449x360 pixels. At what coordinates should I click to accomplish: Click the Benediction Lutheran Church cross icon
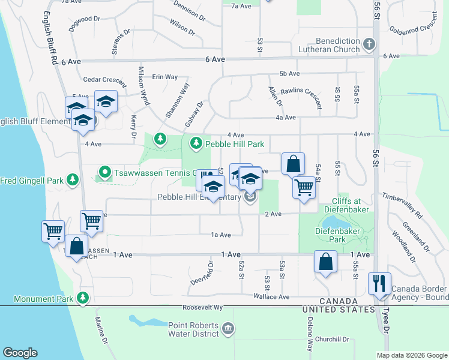[369, 44]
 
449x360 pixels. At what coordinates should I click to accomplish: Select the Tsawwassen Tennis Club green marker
[104, 173]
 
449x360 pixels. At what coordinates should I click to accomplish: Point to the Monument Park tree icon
[83, 298]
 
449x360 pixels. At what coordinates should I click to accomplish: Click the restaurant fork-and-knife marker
[379, 283]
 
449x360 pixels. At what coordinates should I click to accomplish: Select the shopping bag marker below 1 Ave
[325, 262]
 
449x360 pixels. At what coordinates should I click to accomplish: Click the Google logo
[20, 353]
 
